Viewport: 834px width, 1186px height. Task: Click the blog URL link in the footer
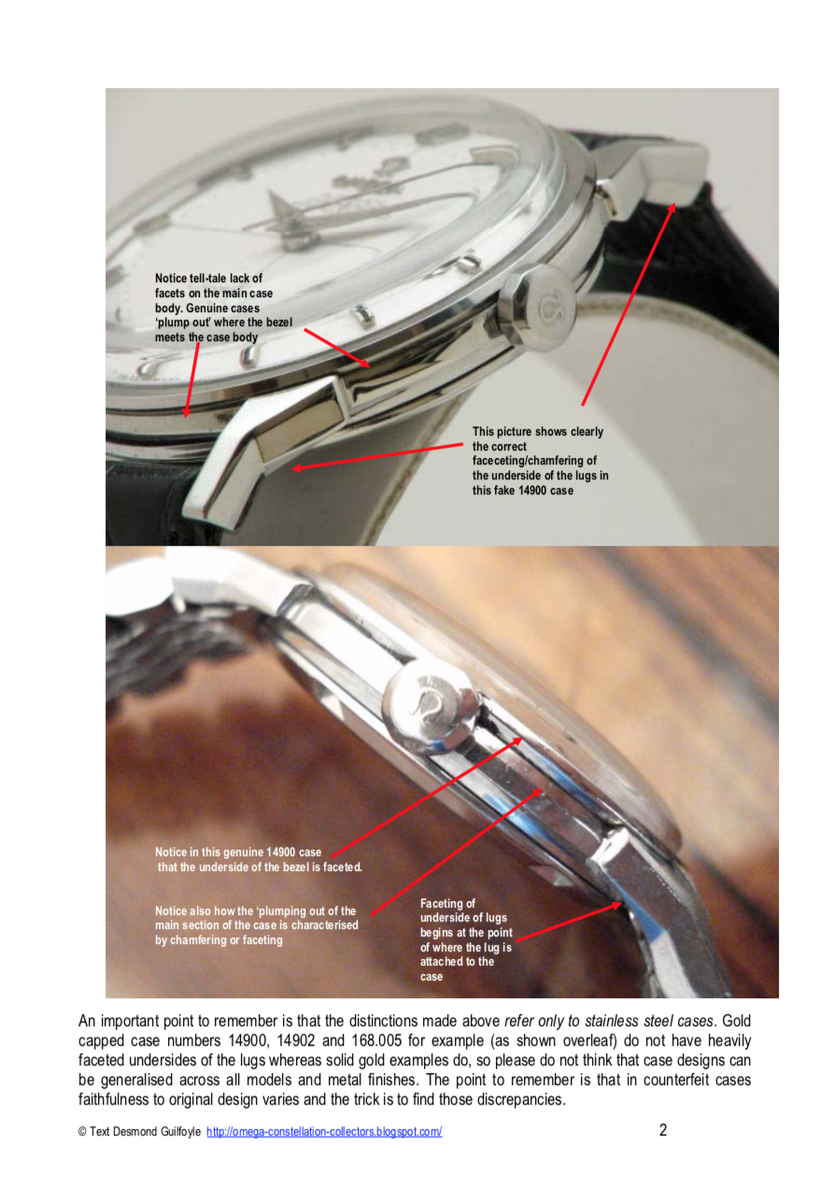pyautogui.click(x=324, y=1132)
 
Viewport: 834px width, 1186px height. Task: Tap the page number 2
pyautogui.click(x=663, y=1130)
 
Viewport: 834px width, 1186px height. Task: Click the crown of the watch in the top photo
pyautogui.click(x=538, y=307)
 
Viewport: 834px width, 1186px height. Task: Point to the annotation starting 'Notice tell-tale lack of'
pyautogui.click(x=223, y=307)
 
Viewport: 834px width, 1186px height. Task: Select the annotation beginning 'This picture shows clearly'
pyautogui.click(x=541, y=461)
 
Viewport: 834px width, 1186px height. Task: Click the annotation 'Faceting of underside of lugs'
pyautogui.click(x=466, y=940)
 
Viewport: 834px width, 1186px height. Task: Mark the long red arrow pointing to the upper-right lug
pyautogui.click(x=629, y=305)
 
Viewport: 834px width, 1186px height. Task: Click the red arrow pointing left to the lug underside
pyautogui.click(x=377, y=456)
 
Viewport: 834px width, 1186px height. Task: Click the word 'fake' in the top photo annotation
pyautogui.click(x=503, y=491)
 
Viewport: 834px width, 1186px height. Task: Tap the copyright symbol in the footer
pyautogui.click(x=82, y=1132)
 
